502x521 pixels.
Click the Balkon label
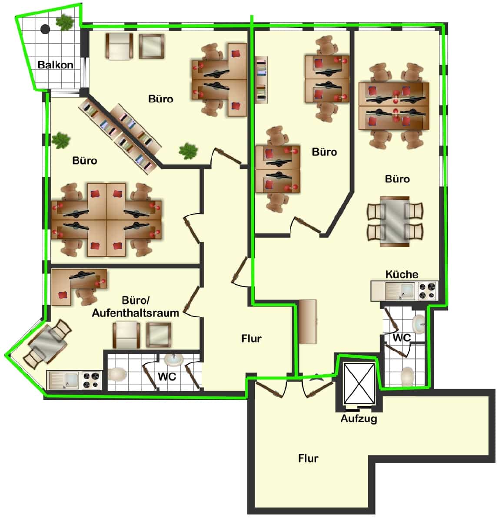tap(56, 65)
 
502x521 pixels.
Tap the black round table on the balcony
tap(45, 29)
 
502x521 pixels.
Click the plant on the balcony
tap(65, 22)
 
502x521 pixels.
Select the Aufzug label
tap(359, 419)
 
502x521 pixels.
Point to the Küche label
tap(402, 274)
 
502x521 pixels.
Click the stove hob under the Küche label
tap(428, 291)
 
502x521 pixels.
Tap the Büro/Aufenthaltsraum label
tap(136, 307)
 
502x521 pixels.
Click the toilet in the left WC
tap(117, 374)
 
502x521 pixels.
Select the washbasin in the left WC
tap(174, 360)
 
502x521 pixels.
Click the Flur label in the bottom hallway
tap(308, 458)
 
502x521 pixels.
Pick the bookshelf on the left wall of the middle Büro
tap(261, 80)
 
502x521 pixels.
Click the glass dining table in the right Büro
tap(395, 222)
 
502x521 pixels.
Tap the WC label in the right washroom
tap(402, 338)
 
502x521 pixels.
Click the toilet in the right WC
tap(408, 376)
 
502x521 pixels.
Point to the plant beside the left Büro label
tap(61, 141)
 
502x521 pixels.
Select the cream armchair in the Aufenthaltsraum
tap(126, 335)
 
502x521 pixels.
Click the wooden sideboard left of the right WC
tap(308, 321)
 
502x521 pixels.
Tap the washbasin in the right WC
tap(419, 324)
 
